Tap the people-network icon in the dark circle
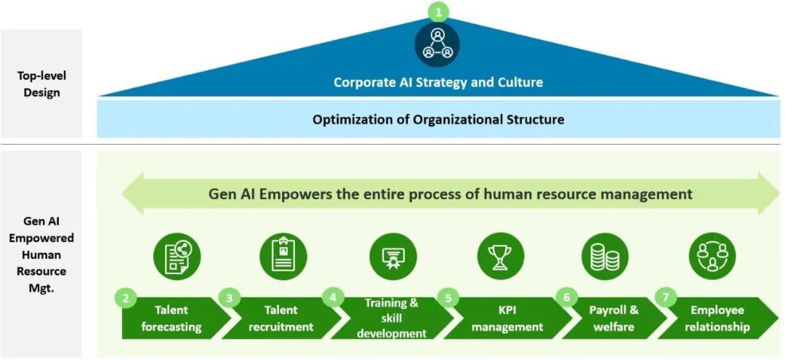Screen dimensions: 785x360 (437, 44)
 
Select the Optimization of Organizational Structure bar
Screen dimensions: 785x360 (438, 119)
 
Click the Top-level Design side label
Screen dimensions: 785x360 (41, 84)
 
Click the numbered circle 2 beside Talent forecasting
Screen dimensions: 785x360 (126, 298)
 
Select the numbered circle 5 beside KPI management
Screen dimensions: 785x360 (448, 298)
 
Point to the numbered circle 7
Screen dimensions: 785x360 (665, 297)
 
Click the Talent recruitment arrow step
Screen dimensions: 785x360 (283, 319)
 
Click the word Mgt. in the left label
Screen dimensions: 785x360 (41, 289)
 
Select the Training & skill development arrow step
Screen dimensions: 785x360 (391, 319)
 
